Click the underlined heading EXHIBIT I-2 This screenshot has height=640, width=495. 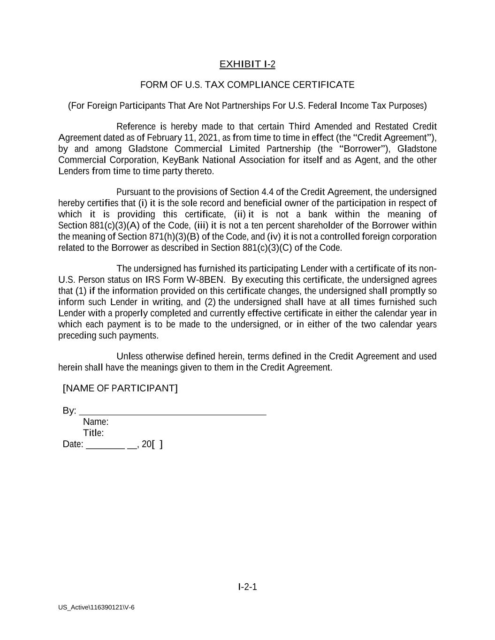(x=247, y=64)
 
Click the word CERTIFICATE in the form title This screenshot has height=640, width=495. (x=323, y=85)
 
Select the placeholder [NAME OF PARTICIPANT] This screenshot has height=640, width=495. (x=120, y=388)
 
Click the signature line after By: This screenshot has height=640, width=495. (x=173, y=411)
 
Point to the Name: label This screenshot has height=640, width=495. (x=96, y=422)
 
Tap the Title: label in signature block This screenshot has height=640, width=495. (x=93, y=433)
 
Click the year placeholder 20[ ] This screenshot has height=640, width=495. (x=152, y=444)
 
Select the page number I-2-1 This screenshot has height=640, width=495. (x=247, y=587)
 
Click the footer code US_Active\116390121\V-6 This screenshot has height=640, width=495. (x=96, y=608)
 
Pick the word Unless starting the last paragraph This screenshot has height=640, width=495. (x=129, y=357)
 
